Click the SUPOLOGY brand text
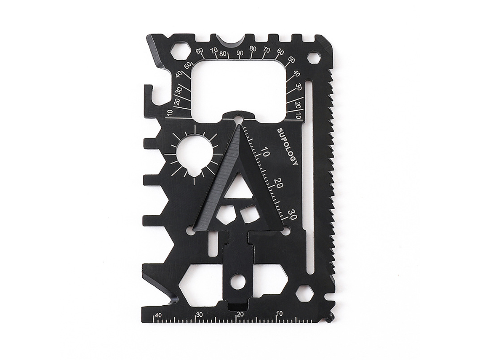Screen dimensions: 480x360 288,147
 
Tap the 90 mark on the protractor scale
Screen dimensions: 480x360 240,53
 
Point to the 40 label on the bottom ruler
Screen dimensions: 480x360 158,315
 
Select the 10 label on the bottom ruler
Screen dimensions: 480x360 279,313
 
